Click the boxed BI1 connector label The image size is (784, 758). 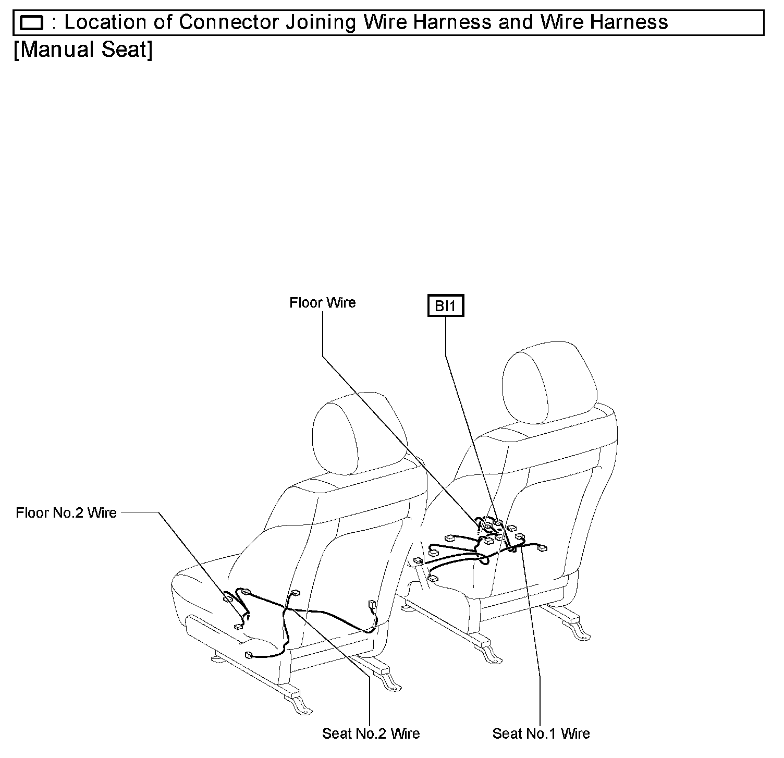click(445, 306)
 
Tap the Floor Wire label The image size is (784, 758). click(322, 303)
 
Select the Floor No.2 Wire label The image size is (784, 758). click(66, 512)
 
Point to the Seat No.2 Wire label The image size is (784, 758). click(371, 733)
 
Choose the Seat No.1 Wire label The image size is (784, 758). click(541, 733)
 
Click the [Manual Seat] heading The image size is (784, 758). click(83, 50)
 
